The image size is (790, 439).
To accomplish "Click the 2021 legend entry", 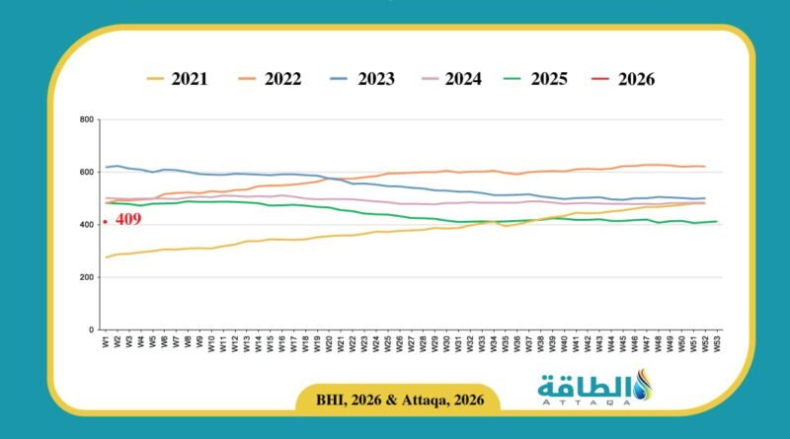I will pyautogui.click(x=177, y=79).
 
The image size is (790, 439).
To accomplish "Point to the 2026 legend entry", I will pyautogui.click(x=621, y=79).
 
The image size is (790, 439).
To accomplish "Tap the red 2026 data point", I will pyautogui.click(x=105, y=222).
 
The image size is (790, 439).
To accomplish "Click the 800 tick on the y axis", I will pyautogui.click(x=86, y=120).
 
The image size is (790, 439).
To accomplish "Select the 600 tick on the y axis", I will pyautogui.click(x=86, y=173).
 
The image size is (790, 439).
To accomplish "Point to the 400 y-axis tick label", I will pyautogui.click(x=86, y=225).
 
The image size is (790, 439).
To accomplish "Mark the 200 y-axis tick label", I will pyautogui.click(x=86, y=277).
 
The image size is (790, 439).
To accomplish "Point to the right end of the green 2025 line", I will pyautogui.click(x=717, y=221).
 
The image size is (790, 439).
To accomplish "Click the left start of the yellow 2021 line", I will pyautogui.click(x=105, y=257).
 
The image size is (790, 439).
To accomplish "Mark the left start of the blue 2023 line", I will pyautogui.click(x=105, y=168).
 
